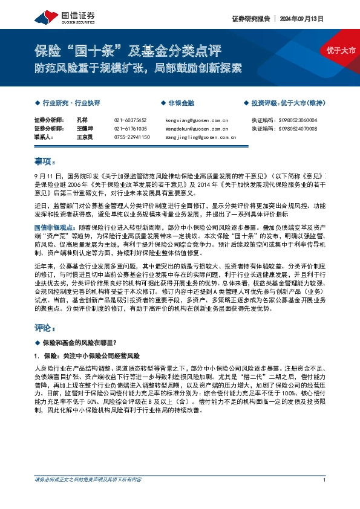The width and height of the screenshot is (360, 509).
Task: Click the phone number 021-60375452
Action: pos(130,120)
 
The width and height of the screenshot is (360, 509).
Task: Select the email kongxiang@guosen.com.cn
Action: pos(196,120)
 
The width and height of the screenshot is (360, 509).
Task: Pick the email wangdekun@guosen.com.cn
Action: pos(196,129)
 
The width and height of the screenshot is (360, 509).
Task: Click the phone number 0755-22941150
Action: pos(132,137)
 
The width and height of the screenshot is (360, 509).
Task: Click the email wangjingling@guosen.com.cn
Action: pos(200,137)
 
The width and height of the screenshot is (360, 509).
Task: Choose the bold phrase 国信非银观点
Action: pos(54,227)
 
